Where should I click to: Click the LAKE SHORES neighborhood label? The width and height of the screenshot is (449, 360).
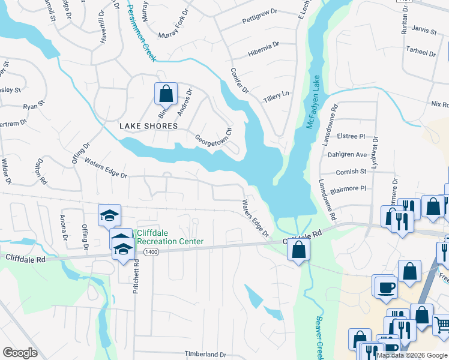point(148,126)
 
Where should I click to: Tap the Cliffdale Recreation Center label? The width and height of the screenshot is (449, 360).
point(170,237)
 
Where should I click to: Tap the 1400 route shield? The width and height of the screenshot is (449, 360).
point(151,253)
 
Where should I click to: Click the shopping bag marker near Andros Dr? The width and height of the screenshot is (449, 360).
point(166,94)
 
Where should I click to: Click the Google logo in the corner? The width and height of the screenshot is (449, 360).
point(20,352)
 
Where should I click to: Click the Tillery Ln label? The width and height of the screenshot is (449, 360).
point(277,94)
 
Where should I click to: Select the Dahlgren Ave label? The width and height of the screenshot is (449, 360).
point(347,154)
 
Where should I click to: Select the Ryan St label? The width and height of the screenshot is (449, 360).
point(34,105)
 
